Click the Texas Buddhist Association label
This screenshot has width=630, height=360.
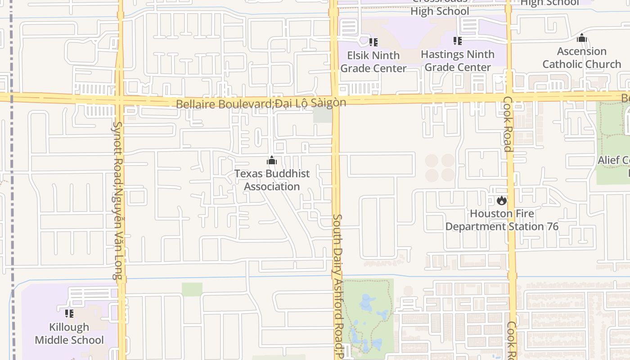(x=272, y=180)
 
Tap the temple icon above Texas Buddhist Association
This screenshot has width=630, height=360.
(x=272, y=161)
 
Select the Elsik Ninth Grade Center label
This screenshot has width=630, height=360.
(x=373, y=62)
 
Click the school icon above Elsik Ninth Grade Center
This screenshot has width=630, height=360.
(x=373, y=42)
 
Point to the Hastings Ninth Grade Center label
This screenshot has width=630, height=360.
(x=458, y=61)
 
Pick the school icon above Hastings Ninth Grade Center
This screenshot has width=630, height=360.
(x=458, y=41)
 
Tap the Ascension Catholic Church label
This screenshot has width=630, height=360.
(x=581, y=58)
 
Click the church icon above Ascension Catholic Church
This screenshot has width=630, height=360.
(x=582, y=38)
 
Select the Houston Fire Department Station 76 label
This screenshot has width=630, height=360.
(x=502, y=220)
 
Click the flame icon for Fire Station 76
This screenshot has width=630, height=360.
(x=502, y=200)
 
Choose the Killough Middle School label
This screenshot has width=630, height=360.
(x=69, y=333)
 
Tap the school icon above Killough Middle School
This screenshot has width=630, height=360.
(x=69, y=313)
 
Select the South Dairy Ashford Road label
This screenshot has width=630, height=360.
(x=337, y=279)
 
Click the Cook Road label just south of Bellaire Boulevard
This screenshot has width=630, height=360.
(x=507, y=124)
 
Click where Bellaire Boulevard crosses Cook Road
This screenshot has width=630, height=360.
(x=509, y=96)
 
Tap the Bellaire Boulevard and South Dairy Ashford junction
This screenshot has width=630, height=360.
(x=335, y=98)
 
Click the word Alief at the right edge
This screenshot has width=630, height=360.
(x=608, y=160)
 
